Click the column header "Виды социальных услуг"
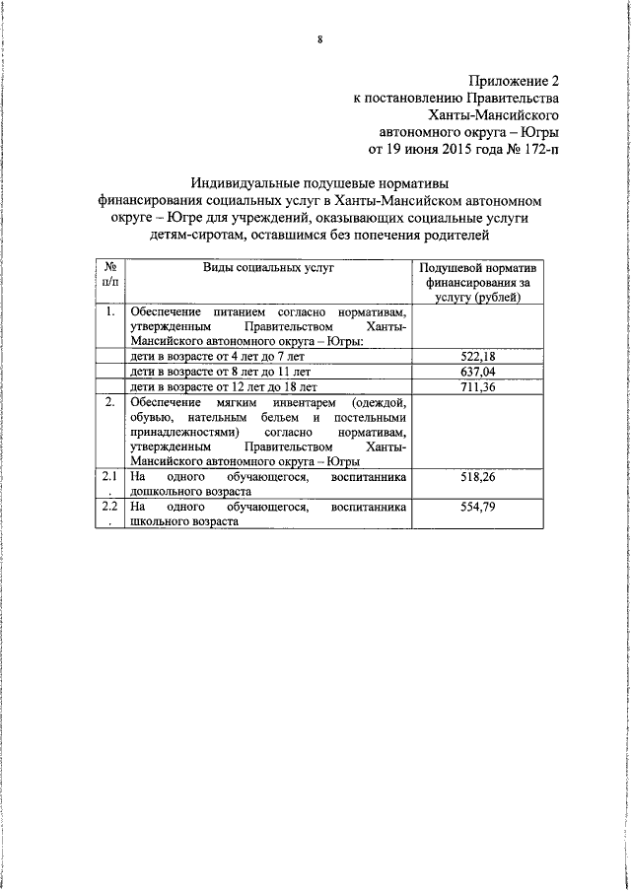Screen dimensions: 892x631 [269, 267]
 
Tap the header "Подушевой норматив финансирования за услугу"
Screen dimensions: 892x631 [476, 282]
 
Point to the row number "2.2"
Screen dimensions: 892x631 [110, 508]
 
